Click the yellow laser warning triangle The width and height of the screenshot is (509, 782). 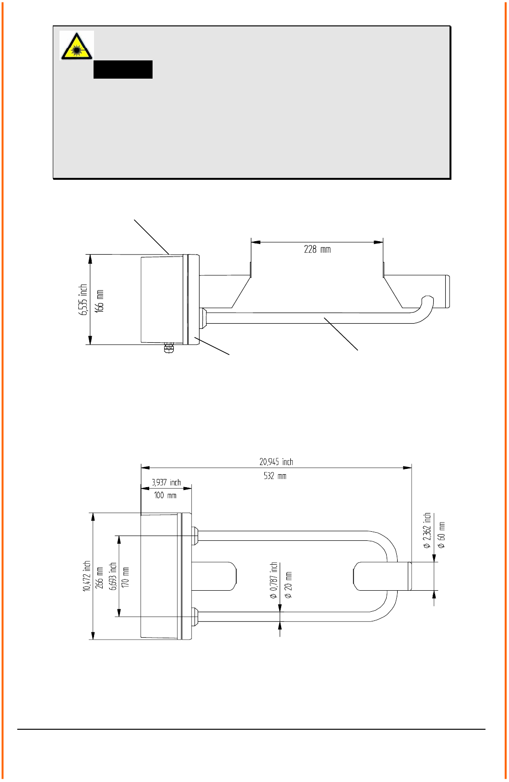click(x=76, y=47)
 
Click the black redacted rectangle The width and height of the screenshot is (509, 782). click(x=123, y=70)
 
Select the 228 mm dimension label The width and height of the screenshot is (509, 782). click(x=317, y=249)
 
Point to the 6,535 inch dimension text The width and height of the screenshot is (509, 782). click(x=83, y=300)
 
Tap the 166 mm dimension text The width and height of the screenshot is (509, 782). click(x=99, y=301)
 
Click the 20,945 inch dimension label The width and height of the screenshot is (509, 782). click(x=276, y=462)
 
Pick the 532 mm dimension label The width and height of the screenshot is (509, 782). click(x=275, y=476)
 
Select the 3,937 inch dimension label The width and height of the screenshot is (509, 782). click(x=166, y=482)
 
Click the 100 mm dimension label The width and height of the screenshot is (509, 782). click(x=165, y=495)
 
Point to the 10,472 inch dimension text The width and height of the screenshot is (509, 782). click(x=87, y=576)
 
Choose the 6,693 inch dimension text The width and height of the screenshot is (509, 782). click(x=113, y=576)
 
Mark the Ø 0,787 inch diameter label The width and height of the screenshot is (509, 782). click(x=273, y=580)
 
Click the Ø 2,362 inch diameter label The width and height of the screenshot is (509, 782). click(x=426, y=531)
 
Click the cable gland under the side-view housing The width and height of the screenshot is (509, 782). click(x=168, y=348)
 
